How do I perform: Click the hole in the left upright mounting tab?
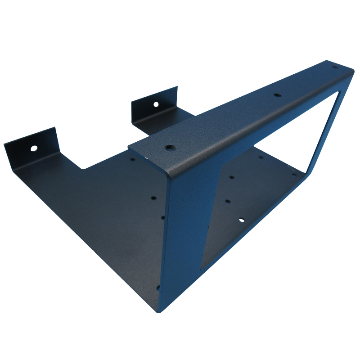(34, 148)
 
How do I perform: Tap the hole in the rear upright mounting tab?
(156, 104)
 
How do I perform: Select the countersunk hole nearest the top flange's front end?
(169, 147)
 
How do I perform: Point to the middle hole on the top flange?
(277, 95)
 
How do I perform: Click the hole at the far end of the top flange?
(334, 67)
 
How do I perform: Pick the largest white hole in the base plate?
(242, 220)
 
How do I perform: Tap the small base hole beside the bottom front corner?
(158, 288)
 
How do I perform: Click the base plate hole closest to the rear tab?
(133, 158)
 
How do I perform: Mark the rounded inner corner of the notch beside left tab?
(83, 167)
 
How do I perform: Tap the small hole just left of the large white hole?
(228, 201)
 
